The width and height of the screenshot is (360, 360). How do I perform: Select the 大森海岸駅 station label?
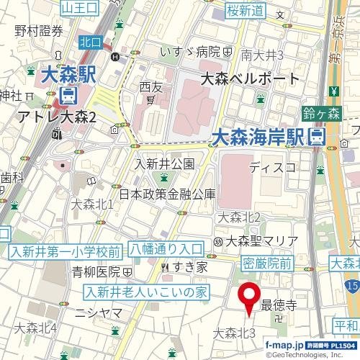tap(261, 135)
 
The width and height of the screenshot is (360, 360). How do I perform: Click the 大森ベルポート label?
tap(249, 78)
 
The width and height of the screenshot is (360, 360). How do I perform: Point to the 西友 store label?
tap(151, 86)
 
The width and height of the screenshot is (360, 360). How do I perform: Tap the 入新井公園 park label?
tap(165, 163)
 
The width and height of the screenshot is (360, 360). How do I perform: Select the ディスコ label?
tap(272, 168)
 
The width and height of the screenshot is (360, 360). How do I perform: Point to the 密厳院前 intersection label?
tap(266, 264)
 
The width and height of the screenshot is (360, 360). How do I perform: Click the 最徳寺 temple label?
tap(279, 305)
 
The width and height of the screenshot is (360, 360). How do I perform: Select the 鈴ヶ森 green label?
tap(321, 112)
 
